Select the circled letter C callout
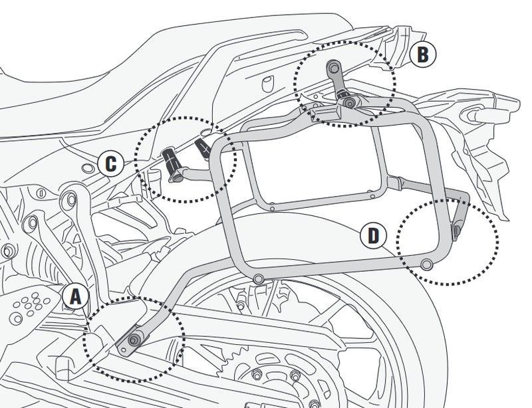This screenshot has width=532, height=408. tap(111, 163)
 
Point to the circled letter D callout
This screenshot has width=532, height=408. tap(374, 235)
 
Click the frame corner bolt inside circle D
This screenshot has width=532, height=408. tap(426, 265)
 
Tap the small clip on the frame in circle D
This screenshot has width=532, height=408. tap(458, 229)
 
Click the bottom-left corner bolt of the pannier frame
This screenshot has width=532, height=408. tap(259, 277)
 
